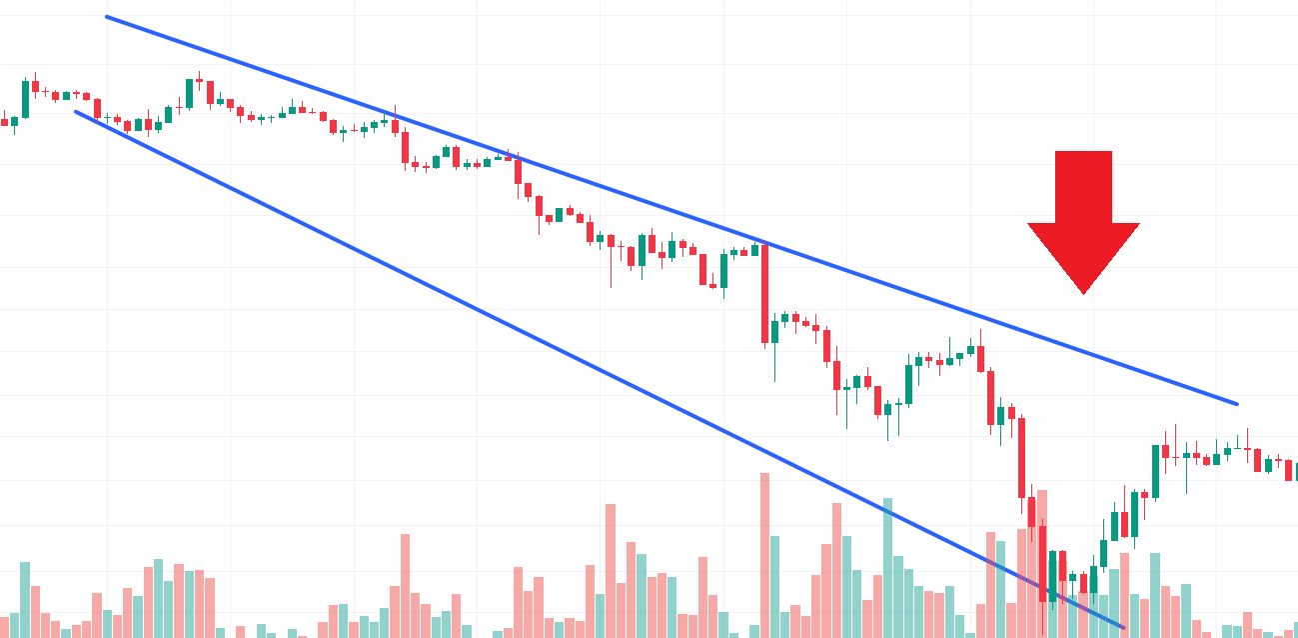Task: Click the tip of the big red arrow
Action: pos(1083,293)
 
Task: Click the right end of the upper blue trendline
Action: pos(1237,404)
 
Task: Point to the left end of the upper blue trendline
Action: pos(107,17)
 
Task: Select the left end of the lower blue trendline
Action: pos(76,111)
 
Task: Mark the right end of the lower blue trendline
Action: pos(1123,628)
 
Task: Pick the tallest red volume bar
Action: pos(765,555)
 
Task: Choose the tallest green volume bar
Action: pos(887,567)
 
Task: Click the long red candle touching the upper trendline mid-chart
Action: pos(765,294)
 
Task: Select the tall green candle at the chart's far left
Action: pos(25,99)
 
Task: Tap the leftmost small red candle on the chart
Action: pos(4,122)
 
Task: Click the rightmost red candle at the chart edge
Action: pos(1289,470)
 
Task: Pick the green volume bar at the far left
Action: pos(25,599)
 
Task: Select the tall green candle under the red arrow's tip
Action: pos(1155,471)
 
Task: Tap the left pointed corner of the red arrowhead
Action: pos(1029,224)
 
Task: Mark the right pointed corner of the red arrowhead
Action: pos(1139,224)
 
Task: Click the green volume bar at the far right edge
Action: pos(1295,629)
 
